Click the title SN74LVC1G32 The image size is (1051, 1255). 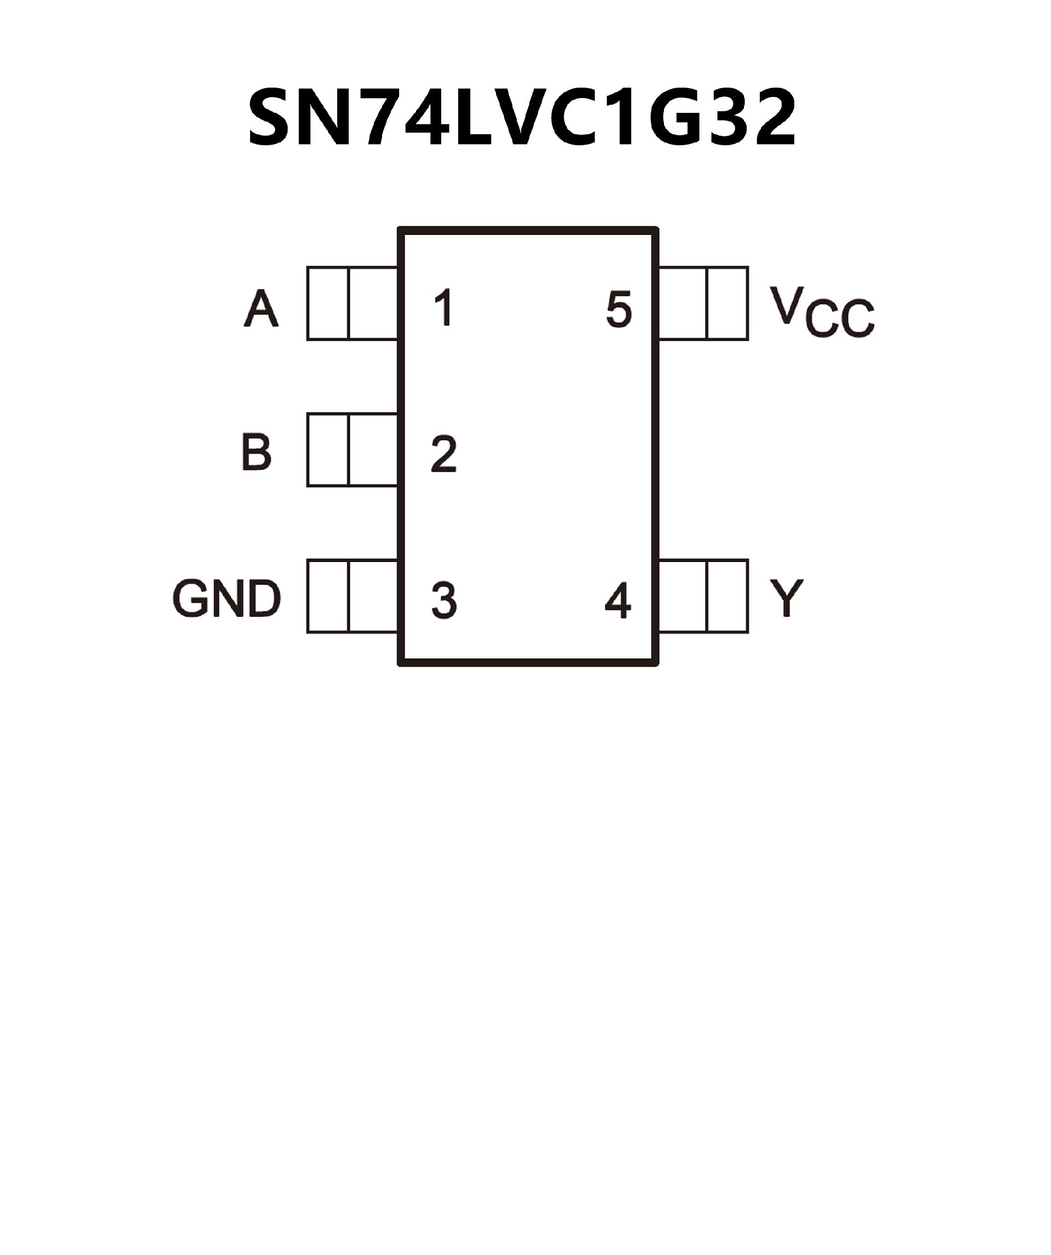pos(522,118)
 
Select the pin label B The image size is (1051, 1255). pos(257,452)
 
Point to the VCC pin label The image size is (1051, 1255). pos(821,312)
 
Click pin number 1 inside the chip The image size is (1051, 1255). pos(444,308)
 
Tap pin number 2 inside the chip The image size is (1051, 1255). pos(444,454)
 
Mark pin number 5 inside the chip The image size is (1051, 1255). pos(618,309)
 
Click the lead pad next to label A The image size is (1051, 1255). pos(353,303)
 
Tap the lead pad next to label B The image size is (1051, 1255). pos(353,449)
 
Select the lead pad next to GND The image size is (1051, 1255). pos(353,596)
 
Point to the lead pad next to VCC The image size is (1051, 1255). pos(703,303)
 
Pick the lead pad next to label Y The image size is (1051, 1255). pos(703,596)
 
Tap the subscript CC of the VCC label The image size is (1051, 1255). pos(839,320)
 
